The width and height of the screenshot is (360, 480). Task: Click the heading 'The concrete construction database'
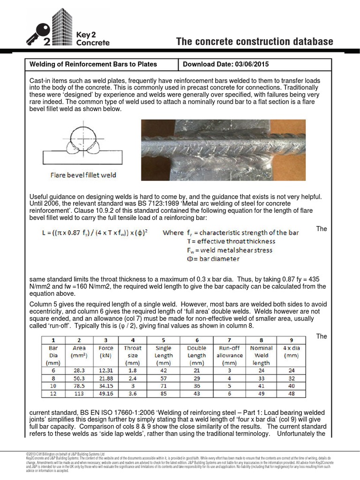point(255,42)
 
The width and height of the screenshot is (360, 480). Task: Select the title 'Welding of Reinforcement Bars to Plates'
point(93,64)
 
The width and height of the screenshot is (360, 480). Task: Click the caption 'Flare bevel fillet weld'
point(83,175)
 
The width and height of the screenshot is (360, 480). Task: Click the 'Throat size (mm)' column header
point(133,355)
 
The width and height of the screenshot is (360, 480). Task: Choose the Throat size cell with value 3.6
point(133,394)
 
